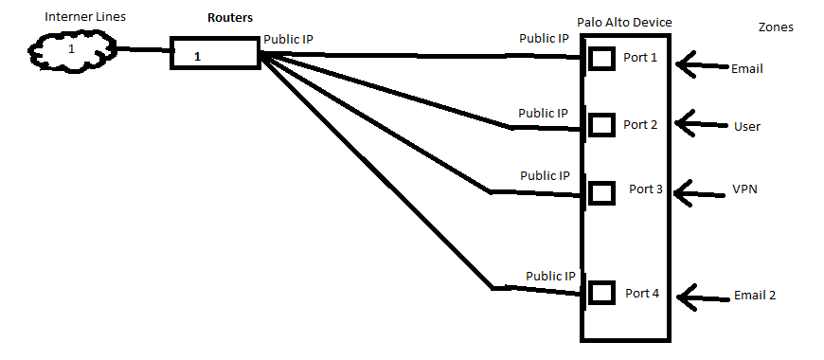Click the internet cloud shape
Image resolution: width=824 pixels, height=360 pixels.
[72, 51]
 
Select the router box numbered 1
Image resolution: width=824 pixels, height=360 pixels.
[215, 52]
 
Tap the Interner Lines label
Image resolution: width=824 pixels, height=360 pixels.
[85, 17]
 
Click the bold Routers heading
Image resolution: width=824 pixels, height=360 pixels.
[230, 18]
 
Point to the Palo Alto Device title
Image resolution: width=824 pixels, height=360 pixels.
[624, 23]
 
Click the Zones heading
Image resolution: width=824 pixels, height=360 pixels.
[777, 27]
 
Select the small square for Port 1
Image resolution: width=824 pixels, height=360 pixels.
[601, 59]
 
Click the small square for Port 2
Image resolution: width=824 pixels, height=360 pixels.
[601, 125]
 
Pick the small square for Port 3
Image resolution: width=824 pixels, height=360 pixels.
[601, 193]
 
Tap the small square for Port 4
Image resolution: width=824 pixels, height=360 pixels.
[601, 292]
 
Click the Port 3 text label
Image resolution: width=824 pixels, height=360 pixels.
[646, 189]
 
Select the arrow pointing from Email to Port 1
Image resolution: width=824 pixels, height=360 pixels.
[703, 65]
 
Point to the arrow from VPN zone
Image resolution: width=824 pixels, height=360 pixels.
[699, 194]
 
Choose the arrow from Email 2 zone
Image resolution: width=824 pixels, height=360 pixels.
[704, 298]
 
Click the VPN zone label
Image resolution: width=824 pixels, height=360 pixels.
[745, 189]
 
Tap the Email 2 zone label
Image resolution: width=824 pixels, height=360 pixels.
[755, 296]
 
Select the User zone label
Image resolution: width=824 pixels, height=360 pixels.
[746, 127]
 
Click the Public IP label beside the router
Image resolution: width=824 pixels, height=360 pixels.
[289, 40]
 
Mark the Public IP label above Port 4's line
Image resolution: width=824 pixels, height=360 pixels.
[550, 276]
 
